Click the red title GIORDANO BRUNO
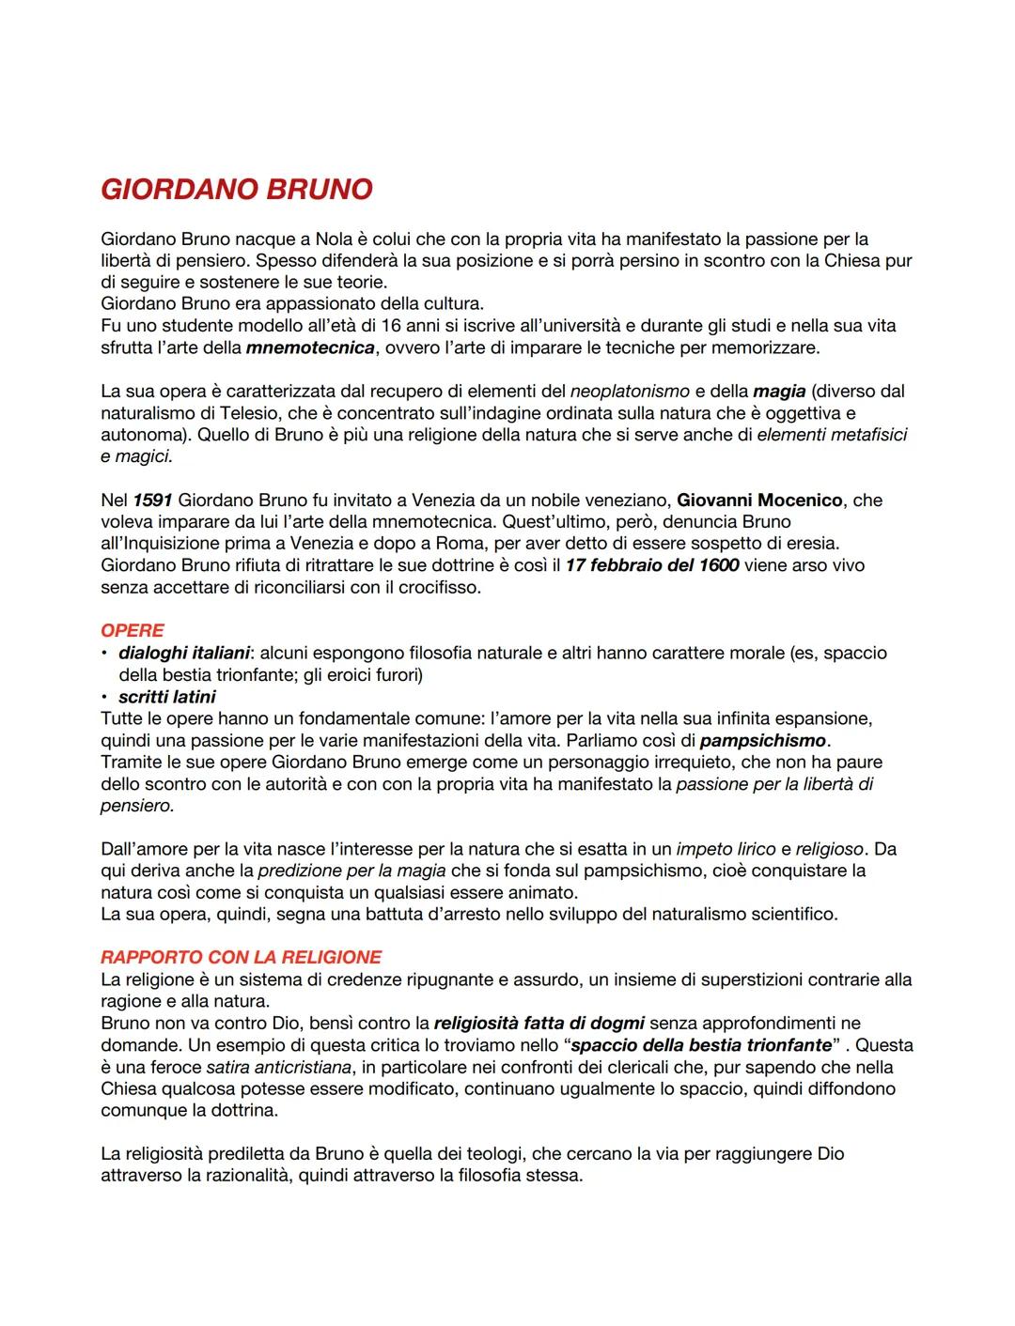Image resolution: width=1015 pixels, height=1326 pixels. click(236, 190)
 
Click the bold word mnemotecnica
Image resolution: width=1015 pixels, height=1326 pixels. click(304, 348)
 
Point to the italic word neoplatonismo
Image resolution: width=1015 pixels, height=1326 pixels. click(630, 391)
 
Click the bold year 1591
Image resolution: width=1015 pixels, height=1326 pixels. click(152, 501)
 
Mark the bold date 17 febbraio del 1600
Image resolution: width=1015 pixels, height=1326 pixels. click(651, 565)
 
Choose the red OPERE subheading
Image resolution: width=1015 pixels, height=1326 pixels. click(133, 630)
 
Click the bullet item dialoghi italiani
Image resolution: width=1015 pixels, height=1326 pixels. click(184, 653)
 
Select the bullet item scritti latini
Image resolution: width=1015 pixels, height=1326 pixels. click(166, 697)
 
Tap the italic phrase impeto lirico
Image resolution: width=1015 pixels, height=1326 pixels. click(726, 849)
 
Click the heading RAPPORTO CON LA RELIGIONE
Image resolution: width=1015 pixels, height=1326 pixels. click(241, 957)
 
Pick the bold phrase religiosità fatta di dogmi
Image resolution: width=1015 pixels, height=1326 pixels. click(540, 1023)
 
